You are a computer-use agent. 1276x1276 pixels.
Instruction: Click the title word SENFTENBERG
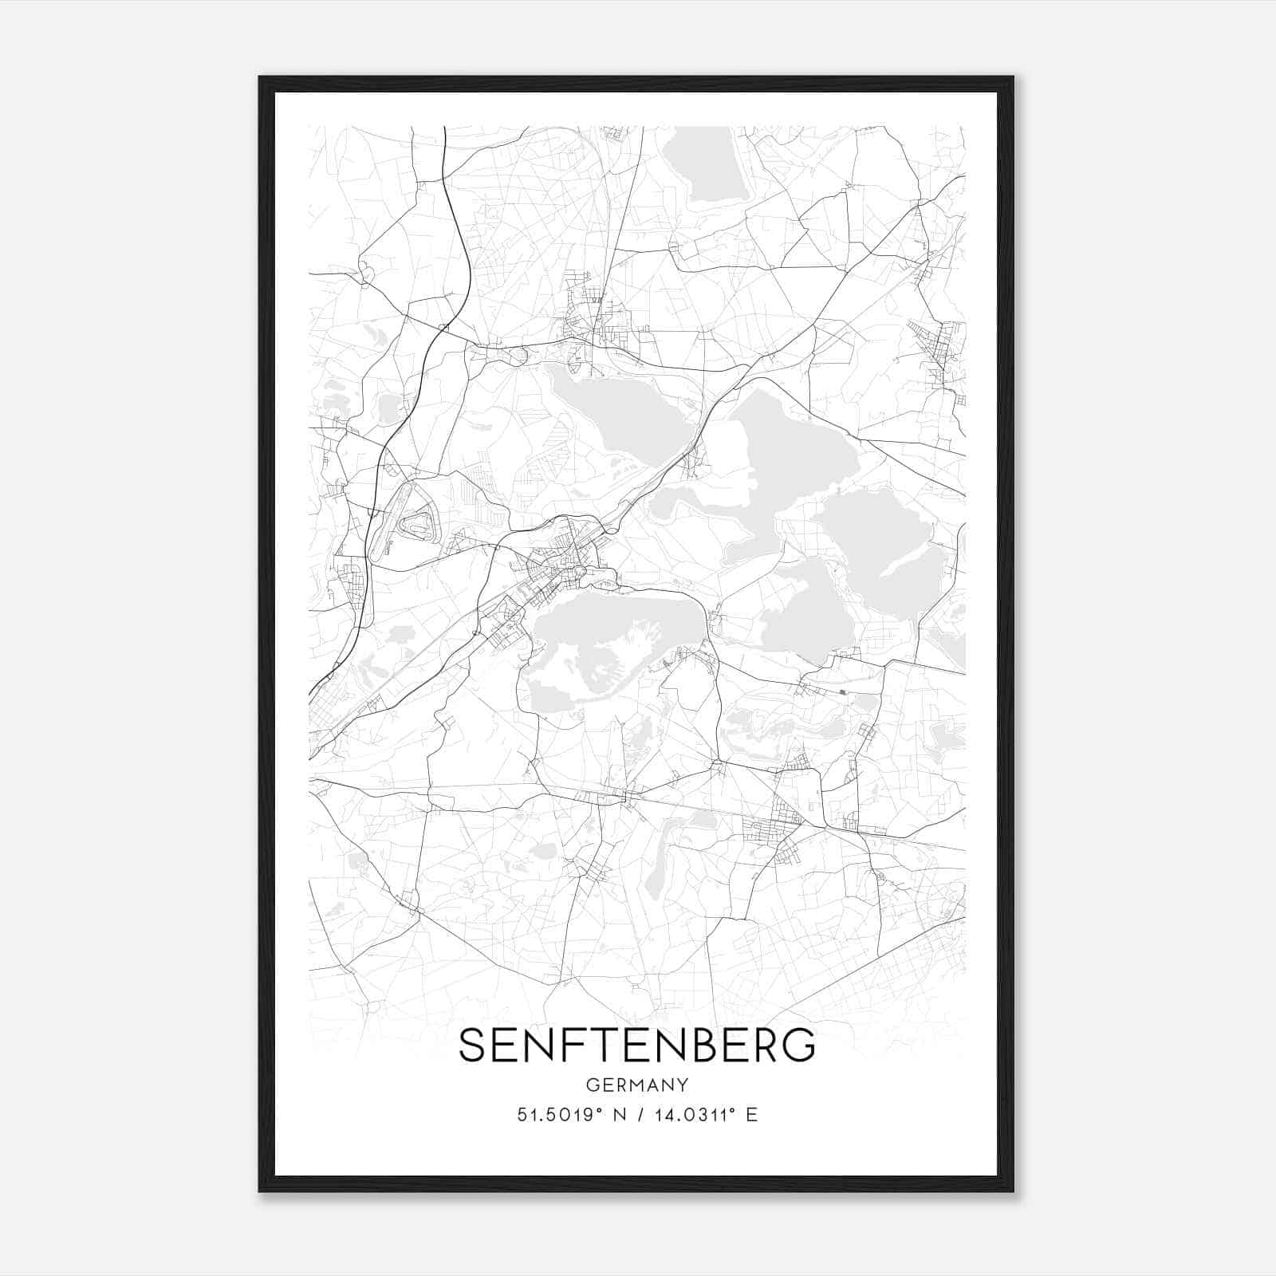[636, 1045]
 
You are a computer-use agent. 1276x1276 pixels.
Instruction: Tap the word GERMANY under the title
[636, 1085]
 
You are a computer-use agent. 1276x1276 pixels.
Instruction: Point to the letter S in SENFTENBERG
[474, 1045]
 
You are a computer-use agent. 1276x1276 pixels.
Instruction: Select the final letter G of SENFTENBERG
[798, 1045]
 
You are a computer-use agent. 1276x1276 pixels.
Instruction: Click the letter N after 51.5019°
[614, 1115]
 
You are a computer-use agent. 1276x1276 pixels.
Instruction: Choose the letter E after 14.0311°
[751, 1115]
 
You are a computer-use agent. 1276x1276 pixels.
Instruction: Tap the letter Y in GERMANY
[682, 1085]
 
